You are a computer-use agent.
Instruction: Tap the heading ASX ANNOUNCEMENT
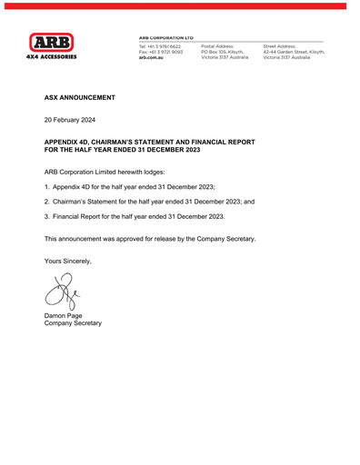(x=80, y=96)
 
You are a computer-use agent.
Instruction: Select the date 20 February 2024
(x=75, y=119)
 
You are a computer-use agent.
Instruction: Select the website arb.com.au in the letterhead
(x=151, y=57)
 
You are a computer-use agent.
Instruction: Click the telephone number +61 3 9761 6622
(x=160, y=45)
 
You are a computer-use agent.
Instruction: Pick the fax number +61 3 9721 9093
(x=160, y=52)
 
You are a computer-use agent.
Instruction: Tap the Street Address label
(x=281, y=45)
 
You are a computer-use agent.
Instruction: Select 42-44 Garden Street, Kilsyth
(x=294, y=52)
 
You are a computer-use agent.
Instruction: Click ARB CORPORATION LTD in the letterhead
(x=165, y=37)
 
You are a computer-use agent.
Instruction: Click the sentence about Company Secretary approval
(x=150, y=239)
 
